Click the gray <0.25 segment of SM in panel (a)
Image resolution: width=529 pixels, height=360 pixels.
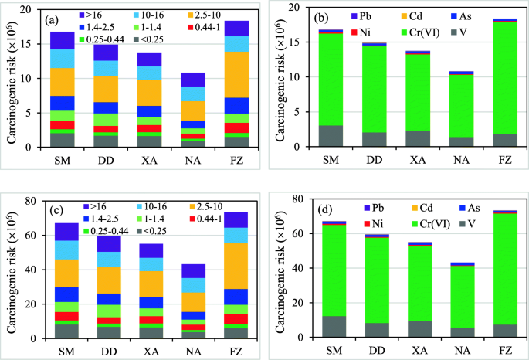pyautogui.click(x=63, y=140)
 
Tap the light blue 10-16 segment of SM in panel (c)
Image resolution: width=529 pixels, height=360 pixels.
pyautogui.click(x=63, y=250)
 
